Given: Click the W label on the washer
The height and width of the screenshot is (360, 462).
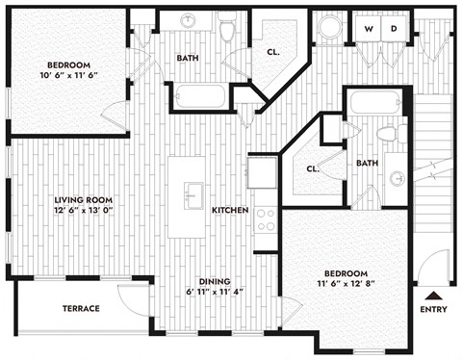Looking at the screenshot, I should point(369,29).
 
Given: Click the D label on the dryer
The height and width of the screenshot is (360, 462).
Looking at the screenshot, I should point(393,29).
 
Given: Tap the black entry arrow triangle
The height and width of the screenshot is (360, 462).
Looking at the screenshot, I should point(433,297).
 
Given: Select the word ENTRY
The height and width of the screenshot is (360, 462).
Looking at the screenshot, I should point(434,310).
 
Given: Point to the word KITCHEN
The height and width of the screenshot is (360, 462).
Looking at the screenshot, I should point(231,210).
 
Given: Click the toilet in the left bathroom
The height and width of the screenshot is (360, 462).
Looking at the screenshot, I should point(228,30).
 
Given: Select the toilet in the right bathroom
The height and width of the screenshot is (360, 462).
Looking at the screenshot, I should point(388,133).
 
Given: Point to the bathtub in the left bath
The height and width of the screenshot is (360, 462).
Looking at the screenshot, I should point(200,95).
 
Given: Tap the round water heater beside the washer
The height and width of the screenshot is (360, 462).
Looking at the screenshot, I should point(329,28).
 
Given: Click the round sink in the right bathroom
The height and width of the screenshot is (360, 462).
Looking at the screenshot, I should point(397,178).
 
